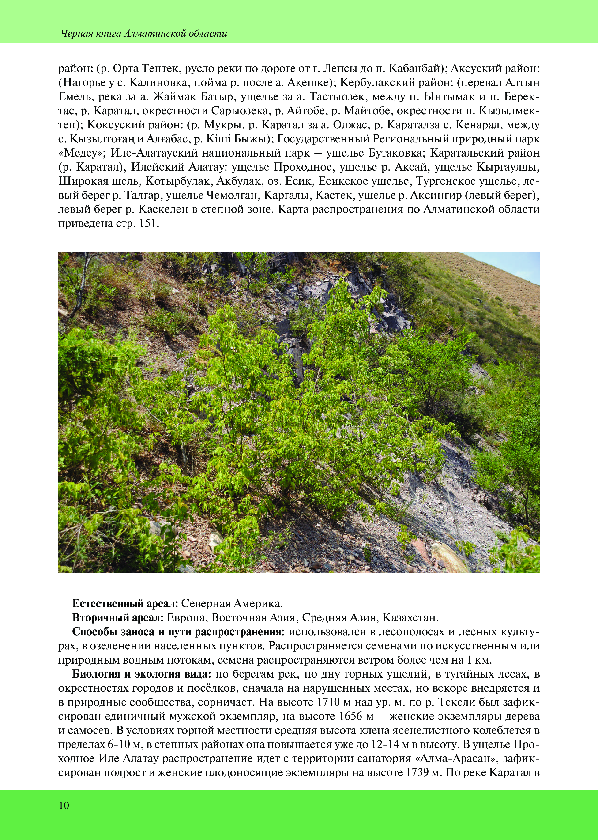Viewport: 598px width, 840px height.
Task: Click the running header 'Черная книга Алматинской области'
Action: [144, 34]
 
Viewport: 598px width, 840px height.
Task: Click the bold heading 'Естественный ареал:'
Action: [125, 603]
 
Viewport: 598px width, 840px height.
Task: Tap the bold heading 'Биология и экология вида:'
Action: [142, 674]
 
